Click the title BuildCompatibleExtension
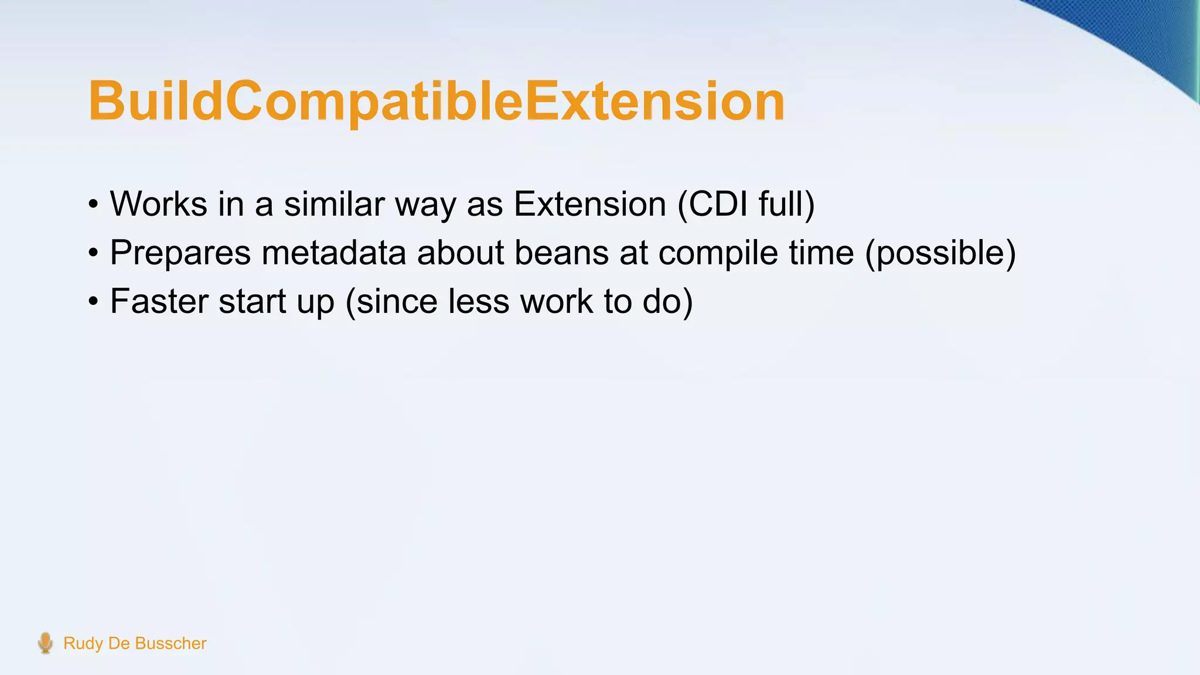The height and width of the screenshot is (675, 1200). point(437,101)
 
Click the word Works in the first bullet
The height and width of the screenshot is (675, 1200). point(158,204)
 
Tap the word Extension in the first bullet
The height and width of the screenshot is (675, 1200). point(589,204)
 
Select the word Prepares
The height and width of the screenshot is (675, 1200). point(180,253)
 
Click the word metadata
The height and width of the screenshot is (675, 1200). point(333,253)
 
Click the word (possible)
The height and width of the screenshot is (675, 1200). point(940,253)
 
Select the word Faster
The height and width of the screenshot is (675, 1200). point(159,301)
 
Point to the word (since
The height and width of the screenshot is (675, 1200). point(391,301)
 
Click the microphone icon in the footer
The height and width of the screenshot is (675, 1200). point(45,643)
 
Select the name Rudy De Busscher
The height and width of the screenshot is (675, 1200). point(135,643)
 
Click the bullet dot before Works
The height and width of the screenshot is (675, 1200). point(93,206)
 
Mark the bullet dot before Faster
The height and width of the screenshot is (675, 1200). point(93,303)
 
